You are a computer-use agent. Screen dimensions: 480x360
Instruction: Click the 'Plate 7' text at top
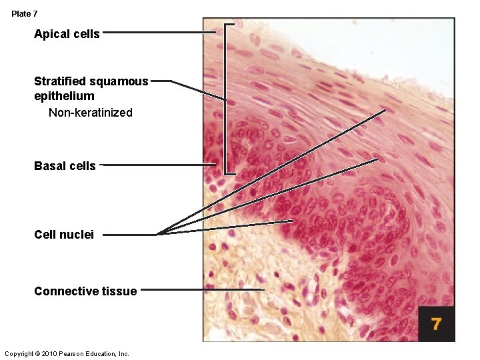[x=25, y=13]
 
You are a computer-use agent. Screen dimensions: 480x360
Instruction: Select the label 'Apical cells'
[x=67, y=34]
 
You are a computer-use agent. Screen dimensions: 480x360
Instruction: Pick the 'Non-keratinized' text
[x=91, y=112]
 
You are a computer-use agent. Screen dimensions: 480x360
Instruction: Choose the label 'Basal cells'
[x=65, y=165]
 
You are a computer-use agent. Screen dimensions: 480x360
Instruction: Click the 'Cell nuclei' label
[x=64, y=235]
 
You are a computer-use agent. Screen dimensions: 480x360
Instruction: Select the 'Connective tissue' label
[x=85, y=291]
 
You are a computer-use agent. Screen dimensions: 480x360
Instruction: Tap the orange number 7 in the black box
[x=436, y=324]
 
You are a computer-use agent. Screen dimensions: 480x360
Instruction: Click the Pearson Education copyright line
[x=67, y=353]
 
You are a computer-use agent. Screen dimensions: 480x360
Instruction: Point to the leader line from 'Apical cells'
[x=160, y=31]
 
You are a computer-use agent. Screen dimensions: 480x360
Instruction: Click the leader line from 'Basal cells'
[x=160, y=165]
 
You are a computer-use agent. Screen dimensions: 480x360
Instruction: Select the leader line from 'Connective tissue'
[x=200, y=289]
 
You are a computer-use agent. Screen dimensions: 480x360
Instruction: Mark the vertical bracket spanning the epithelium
[x=227, y=100]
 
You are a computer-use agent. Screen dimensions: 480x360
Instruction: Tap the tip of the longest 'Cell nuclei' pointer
[x=385, y=110]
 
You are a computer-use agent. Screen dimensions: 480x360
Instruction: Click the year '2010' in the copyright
[x=50, y=353]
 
